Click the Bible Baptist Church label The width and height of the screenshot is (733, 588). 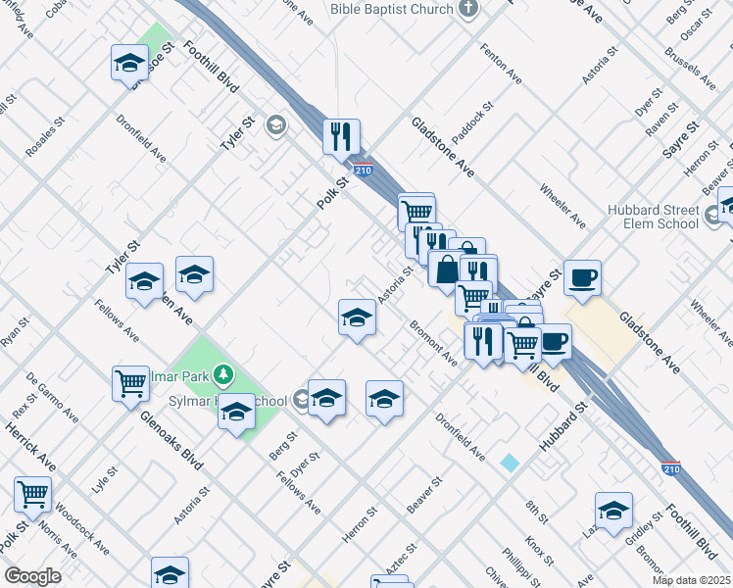coord(392,9)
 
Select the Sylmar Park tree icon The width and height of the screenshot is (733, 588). coord(224,373)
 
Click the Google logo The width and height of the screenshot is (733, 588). coord(32,576)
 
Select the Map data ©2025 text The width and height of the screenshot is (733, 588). coord(691,580)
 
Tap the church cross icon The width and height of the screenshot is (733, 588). coord(468,9)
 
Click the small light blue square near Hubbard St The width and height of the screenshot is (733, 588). coord(509,462)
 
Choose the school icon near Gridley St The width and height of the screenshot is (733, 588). coord(613,511)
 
